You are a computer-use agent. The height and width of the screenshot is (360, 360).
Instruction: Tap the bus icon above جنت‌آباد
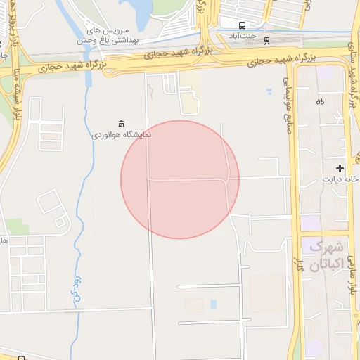click(242, 23)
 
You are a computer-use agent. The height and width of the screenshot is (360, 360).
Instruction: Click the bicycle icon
click(320, 101)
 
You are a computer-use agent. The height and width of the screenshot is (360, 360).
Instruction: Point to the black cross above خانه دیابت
click(340, 168)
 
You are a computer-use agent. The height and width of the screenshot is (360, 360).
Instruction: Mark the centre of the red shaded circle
click(180, 179)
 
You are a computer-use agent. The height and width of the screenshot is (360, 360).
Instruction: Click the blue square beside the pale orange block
click(214, 304)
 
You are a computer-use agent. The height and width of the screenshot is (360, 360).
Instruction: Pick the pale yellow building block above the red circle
click(189, 104)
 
